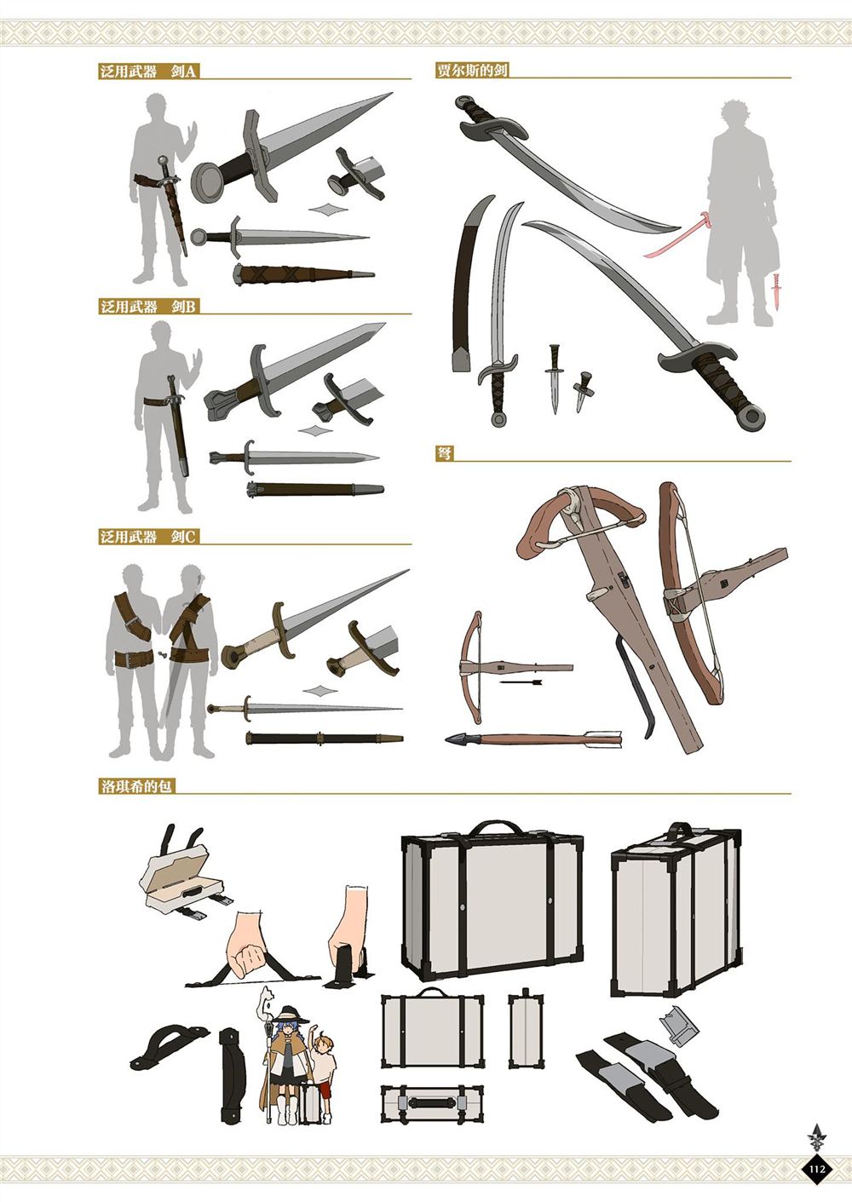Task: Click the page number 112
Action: pyautogui.click(x=816, y=1168)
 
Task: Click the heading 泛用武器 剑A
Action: pyautogui.click(x=147, y=72)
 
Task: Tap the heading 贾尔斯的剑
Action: pyautogui.click(x=472, y=71)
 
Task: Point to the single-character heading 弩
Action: pyautogui.click(x=444, y=453)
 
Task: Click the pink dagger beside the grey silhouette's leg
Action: pyautogui.click(x=776, y=291)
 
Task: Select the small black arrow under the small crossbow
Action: pyautogui.click(x=521, y=682)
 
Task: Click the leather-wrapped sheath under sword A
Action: pyautogui.click(x=303, y=274)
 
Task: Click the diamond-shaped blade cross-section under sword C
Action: pyautogui.click(x=319, y=691)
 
